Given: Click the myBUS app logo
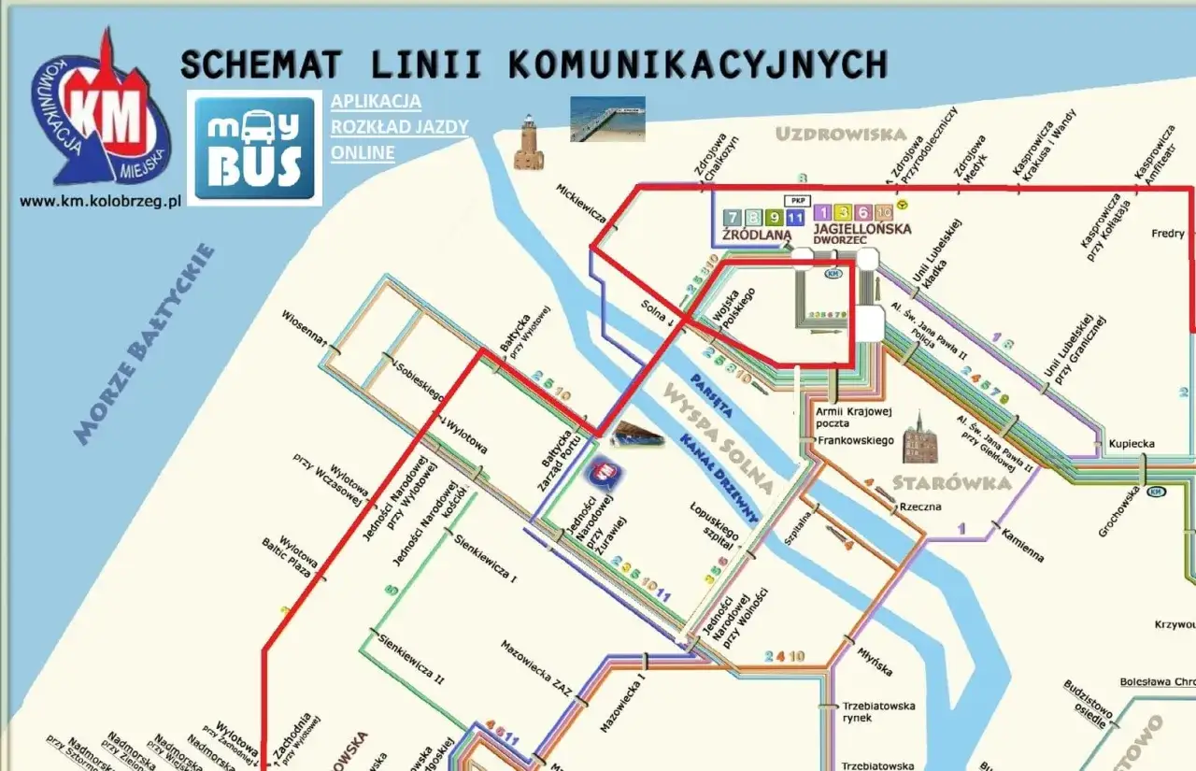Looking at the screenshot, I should [x=254, y=147].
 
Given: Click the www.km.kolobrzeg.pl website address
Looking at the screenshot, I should [x=99, y=201].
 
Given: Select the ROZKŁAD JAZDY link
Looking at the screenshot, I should [x=399, y=127].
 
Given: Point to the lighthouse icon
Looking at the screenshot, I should [x=528, y=142].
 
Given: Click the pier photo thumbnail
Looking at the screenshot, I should [x=607, y=119].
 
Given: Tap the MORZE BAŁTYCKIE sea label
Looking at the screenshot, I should [x=145, y=344].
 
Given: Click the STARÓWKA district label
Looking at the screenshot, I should [x=951, y=483].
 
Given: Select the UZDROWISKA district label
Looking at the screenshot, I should [x=841, y=135].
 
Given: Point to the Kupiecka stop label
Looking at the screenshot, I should [x=1132, y=444].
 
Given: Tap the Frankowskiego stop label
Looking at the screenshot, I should [x=857, y=440].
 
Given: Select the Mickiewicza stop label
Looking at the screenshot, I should [x=581, y=204].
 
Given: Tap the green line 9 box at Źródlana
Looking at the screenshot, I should [x=774, y=217].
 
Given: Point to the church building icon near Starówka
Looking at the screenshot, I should [x=918, y=437].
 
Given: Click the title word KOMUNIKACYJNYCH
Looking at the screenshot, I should [x=697, y=64].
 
